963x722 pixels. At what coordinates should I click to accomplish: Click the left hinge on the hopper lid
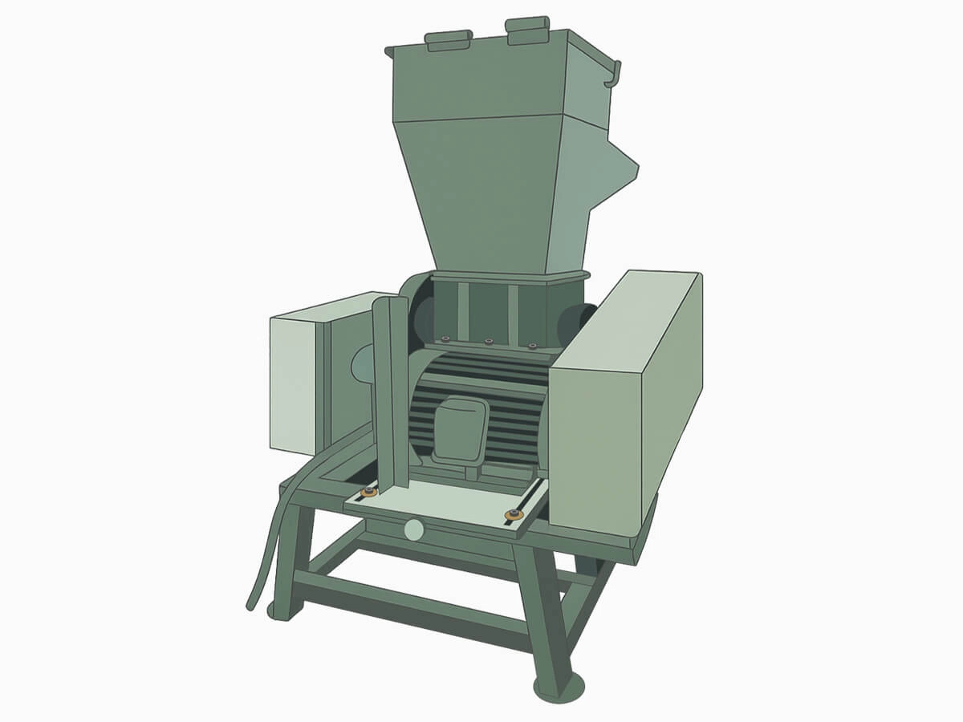pyautogui.click(x=449, y=39)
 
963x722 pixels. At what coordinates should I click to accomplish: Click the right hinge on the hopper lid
pyautogui.click(x=528, y=30)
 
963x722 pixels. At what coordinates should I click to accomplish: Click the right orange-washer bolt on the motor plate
pyautogui.click(x=510, y=514)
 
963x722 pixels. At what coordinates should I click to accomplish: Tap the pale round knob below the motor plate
pyautogui.click(x=414, y=529)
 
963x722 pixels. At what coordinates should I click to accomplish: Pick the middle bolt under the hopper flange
pyautogui.click(x=488, y=342)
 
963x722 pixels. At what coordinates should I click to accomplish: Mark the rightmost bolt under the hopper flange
pyautogui.click(x=531, y=346)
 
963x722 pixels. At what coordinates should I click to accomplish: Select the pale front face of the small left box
pyautogui.click(x=293, y=383)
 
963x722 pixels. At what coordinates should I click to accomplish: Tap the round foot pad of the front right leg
pyautogui.click(x=559, y=688)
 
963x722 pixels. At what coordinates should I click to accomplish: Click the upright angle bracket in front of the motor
pyautogui.click(x=393, y=401)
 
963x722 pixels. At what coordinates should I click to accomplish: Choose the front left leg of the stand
pyautogui.click(x=285, y=562)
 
